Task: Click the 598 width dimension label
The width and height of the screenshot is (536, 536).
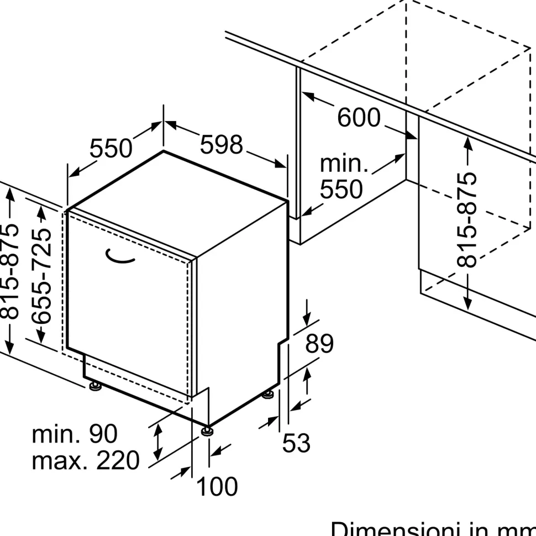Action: click(x=221, y=145)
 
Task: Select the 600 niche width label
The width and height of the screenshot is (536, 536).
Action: click(x=359, y=118)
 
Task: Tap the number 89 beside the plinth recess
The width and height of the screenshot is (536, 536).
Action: click(x=319, y=344)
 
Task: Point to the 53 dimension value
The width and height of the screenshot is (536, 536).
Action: click(x=296, y=443)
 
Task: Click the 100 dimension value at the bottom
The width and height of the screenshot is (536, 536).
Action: click(x=217, y=487)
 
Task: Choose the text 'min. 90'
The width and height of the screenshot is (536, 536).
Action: click(x=75, y=434)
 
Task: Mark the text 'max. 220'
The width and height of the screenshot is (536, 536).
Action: click(x=86, y=460)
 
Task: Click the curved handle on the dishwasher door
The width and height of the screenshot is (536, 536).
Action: click(x=120, y=255)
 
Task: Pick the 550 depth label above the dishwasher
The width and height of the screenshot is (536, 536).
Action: click(x=111, y=149)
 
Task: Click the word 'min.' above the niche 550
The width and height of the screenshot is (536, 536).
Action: click(x=344, y=164)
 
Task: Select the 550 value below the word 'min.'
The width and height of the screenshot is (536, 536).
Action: click(x=341, y=190)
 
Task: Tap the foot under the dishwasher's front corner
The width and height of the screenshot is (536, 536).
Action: click(x=207, y=429)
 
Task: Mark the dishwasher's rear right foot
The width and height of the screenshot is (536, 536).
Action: click(x=269, y=393)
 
